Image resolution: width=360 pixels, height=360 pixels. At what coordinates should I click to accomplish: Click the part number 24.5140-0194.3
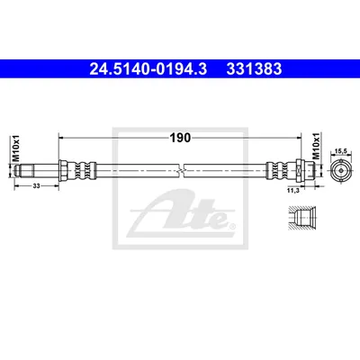[x=148, y=69]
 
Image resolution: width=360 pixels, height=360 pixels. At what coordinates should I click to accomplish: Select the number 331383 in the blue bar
[x=254, y=69]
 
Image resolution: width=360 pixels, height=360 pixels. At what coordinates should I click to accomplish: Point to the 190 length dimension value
[x=180, y=138]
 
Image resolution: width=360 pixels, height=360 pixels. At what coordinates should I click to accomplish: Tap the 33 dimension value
[x=36, y=186]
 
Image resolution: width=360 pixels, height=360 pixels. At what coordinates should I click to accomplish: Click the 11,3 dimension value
[x=292, y=191]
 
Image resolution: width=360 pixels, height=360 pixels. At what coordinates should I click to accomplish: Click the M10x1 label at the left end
[x=16, y=148]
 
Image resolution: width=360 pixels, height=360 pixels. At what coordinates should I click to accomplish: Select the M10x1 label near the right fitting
[x=317, y=146]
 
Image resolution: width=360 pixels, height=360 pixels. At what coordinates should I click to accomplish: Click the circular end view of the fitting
[x=340, y=170]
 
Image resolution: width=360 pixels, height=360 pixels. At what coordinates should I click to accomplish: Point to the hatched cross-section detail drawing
[x=301, y=218]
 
